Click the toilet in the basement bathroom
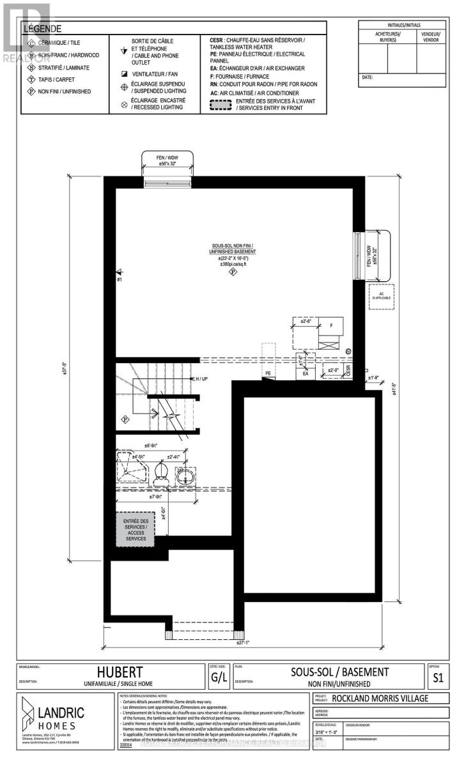click(x=162, y=474)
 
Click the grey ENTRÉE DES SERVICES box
click(x=135, y=530)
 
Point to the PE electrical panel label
click(x=268, y=373)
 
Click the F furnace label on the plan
click(x=331, y=325)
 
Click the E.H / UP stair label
click(x=200, y=379)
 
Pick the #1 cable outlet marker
click(x=120, y=279)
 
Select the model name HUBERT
click(x=120, y=672)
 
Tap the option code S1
click(x=438, y=678)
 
